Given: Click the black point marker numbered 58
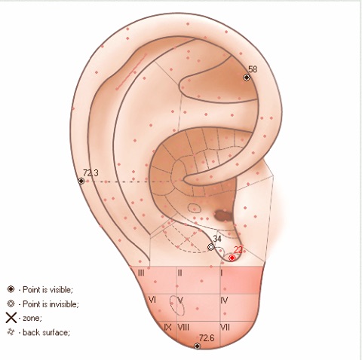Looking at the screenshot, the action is pos(247,78).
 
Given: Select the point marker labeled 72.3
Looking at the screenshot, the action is pos(81,181).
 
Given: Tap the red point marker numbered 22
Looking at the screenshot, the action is pos(232,258).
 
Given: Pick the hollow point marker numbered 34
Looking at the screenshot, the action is pos(211,247).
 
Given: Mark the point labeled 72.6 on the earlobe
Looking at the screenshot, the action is pos(198,346).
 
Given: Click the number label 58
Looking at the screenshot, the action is pos(253,69).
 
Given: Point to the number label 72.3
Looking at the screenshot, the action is pos(90,173).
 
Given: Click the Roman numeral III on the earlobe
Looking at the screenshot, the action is pos(141,273).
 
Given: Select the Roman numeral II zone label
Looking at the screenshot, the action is pos(180,273).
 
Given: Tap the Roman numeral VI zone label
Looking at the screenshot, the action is pos(152,300).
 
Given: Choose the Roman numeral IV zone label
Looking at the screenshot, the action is pos(224,300).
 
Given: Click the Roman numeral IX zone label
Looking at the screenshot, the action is pos(167,328).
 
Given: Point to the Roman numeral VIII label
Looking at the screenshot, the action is pos(183,328).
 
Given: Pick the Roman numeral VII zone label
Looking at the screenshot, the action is pos(225,328).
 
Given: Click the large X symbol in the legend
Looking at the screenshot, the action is pos(11,318).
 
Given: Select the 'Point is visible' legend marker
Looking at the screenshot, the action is pos(11,289).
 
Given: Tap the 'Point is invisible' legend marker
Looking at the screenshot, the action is pos(11,304).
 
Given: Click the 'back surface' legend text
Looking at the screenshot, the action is pos(46,332).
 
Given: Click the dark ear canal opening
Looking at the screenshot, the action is pos(222,215).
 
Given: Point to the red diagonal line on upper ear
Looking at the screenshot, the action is pos(131,72).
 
